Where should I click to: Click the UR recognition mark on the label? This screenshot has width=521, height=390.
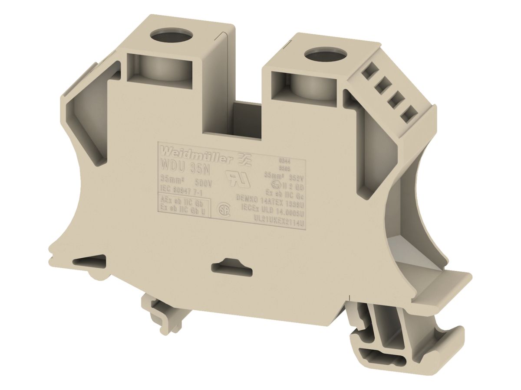tap(237, 179)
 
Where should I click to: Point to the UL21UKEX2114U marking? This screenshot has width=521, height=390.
tap(278, 217)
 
